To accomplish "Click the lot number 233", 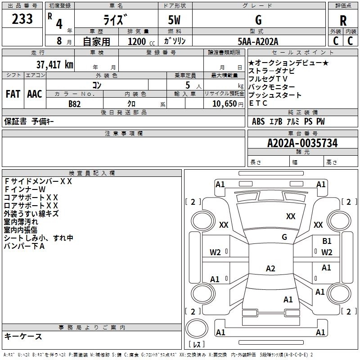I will pos(23,19).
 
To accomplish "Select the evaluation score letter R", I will pos(343,21).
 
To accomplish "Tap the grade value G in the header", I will pos(258,20).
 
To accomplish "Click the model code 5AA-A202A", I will pos(258,42).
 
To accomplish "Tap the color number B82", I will pos(75,103).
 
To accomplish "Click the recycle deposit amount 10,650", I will pos(227,103).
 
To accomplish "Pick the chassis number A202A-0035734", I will pos(302,143).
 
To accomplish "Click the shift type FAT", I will pos(13,94).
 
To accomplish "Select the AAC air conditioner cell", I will pos(34,94).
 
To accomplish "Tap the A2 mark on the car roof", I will pos(270,269).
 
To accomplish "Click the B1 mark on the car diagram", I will pos(327,241).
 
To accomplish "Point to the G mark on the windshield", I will pos(284,237).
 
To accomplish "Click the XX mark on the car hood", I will pos(291,216).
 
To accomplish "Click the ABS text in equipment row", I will pos(258,121).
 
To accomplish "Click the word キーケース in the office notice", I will pos(23,336).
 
